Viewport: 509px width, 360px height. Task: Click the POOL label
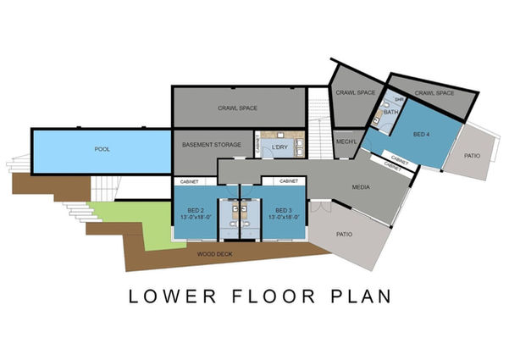coord(102,149)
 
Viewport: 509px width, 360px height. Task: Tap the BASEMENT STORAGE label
coord(212,145)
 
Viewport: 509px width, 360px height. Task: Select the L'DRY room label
coord(279,147)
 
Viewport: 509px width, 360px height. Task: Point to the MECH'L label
coord(346,141)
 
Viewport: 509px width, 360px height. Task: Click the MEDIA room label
coord(361,187)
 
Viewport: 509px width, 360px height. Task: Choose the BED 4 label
coord(422,134)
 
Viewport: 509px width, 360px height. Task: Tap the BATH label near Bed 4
coord(391,112)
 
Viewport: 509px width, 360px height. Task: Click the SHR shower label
coord(399,99)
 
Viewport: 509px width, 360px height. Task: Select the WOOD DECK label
coord(215,254)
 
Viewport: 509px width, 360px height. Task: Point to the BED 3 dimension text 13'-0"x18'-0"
coord(284,218)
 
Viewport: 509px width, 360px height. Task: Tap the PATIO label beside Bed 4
coord(472,156)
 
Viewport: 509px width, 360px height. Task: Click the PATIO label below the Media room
coord(344,235)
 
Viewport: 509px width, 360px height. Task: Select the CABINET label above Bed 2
coord(189,182)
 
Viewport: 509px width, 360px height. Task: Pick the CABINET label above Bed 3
coord(289,181)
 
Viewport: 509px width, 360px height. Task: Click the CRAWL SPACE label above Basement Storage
coord(238,108)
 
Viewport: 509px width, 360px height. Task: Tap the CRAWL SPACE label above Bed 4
coord(434,93)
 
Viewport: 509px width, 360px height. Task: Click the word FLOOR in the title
coord(274,296)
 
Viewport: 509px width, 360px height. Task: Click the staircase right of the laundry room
coord(320,123)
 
